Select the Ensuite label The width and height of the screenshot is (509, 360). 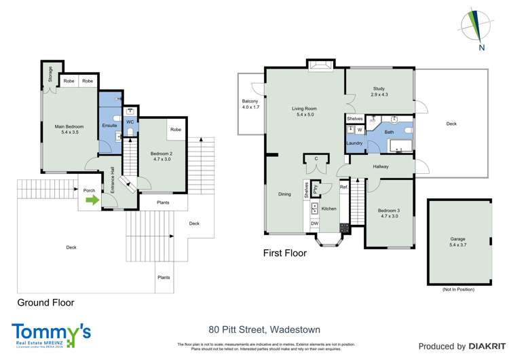tap(109, 126)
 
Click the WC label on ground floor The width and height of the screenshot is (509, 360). tap(130, 122)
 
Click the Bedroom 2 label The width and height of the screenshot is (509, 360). tap(161, 158)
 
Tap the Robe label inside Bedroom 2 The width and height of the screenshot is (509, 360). tap(175, 130)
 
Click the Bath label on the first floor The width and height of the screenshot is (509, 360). tap(389, 132)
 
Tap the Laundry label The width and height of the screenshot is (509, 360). tap(354, 143)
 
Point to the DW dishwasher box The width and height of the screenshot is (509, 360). tap(314, 223)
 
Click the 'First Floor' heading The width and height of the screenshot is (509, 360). tap(284, 253)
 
